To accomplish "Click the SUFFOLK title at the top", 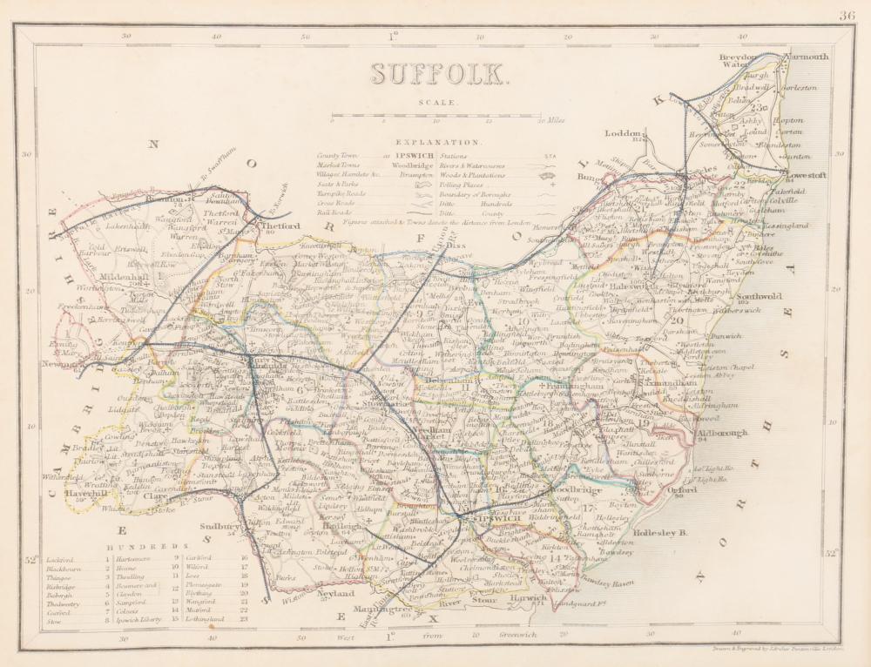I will point(439,74).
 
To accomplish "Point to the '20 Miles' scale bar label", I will point(550,121).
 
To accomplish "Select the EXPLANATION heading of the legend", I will point(437,140).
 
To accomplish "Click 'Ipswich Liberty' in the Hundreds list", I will point(142,619).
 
